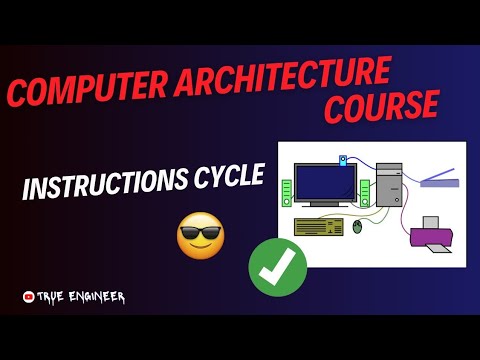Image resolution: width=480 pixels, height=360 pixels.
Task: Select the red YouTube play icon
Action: pyautogui.click(x=29, y=297)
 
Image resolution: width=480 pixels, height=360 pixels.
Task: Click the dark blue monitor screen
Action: pyautogui.click(x=327, y=183)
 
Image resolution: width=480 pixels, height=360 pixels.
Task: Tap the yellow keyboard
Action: pyautogui.click(x=318, y=226)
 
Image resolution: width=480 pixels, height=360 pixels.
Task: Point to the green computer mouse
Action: pyautogui.click(x=358, y=228)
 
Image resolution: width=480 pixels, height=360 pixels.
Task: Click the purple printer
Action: pyautogui.click(x=434, y=236)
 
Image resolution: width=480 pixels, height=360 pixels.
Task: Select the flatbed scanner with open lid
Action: pyautogui.click(x=440, y=180)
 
